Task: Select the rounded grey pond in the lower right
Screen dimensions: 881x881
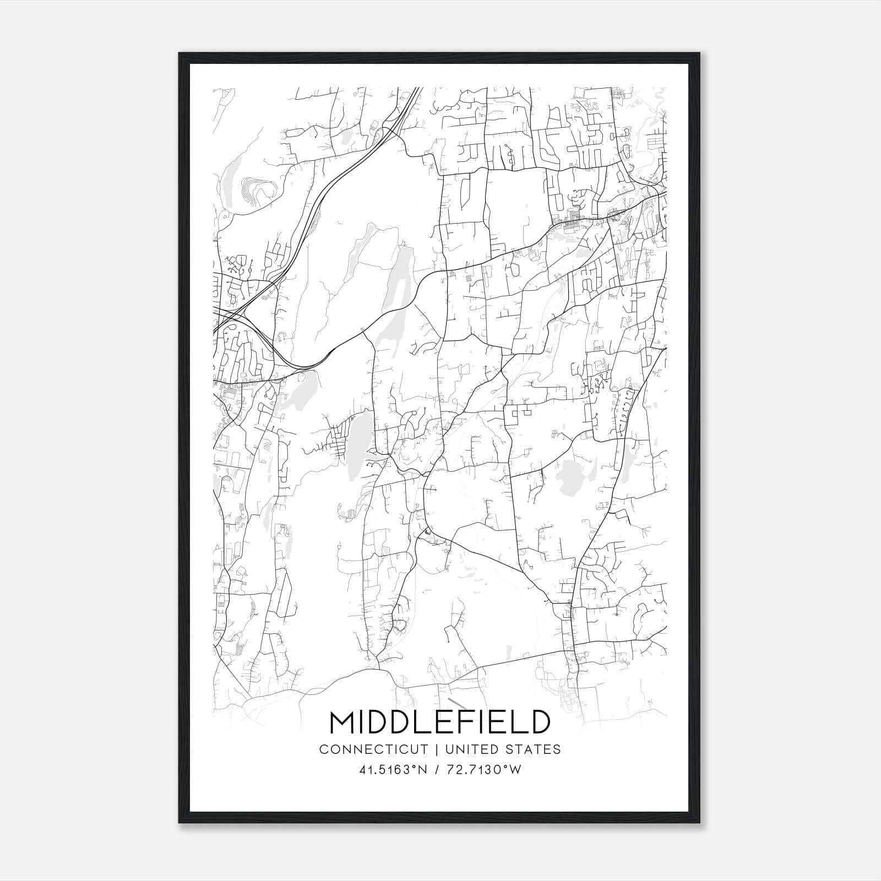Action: point(568,474)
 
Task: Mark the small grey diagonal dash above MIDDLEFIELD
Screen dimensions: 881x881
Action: point(457,702)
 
